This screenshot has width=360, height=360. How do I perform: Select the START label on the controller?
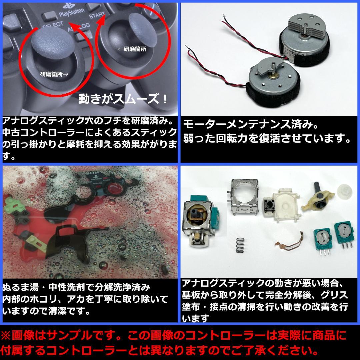pos(97,16)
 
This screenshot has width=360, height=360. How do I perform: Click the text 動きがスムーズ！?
pos(124,99)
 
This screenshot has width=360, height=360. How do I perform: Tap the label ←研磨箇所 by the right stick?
pos(132,49)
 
